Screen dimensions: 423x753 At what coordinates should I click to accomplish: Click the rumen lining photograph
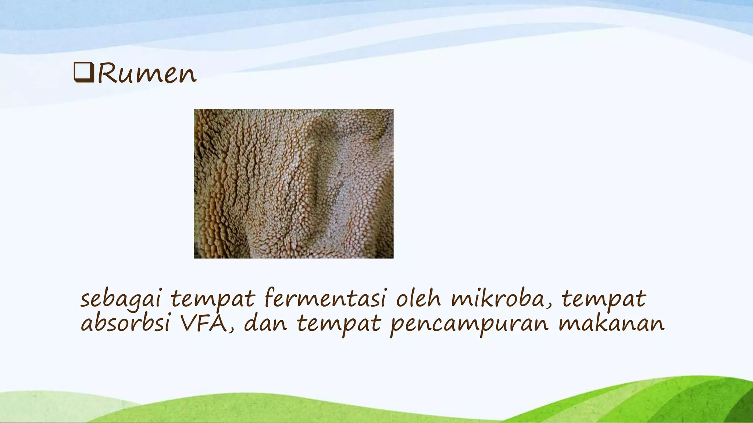(293, 183)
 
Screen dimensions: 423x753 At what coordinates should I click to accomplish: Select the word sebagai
(121, 299)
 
